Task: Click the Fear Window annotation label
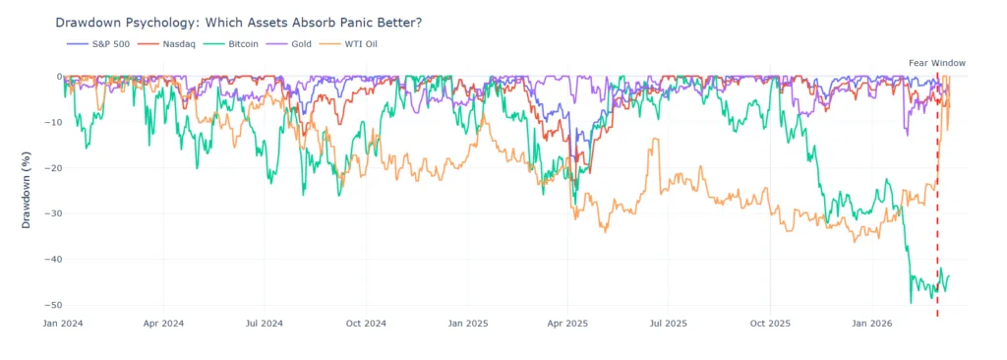936,63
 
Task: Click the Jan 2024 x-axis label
64,323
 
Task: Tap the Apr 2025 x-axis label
567,323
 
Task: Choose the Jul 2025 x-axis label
669,323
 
